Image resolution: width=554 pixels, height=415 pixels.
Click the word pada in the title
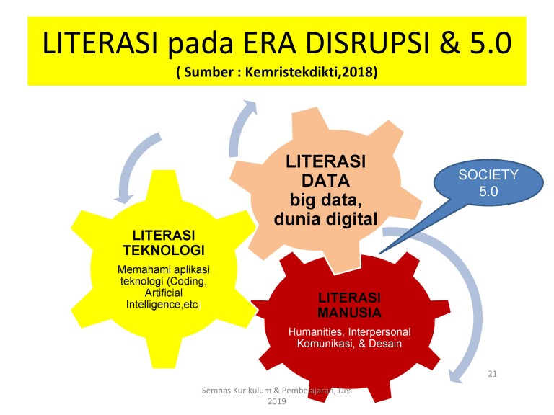201,44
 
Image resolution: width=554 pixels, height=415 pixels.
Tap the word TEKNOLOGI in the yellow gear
164,250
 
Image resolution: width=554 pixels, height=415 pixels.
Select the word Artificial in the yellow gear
164,293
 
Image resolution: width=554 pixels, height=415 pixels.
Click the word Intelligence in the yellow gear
153,304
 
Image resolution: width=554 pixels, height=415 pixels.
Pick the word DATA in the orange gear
325,181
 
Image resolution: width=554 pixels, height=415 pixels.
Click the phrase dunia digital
325,219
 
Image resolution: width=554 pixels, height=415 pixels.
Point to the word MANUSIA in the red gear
349,313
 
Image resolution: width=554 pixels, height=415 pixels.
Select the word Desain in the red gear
385,344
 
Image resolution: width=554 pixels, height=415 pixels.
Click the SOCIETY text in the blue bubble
488,174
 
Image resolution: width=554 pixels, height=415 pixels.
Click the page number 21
492,374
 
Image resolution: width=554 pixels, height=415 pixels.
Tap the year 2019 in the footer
277,401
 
